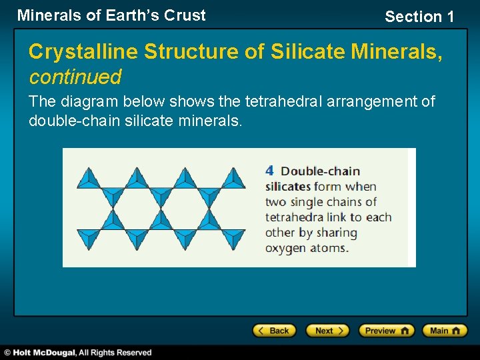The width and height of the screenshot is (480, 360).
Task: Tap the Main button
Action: tap(445, 331)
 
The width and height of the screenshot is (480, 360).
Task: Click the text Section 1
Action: tap(419, 17)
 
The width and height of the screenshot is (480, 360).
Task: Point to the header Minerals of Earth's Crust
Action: tap(111, 15)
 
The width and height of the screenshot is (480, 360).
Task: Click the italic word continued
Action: tap(75, 77)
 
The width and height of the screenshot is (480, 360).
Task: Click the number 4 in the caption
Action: tap(269, 171)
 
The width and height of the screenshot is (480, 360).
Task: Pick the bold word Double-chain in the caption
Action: tap(320, 171)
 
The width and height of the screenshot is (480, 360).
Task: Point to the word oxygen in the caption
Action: tap(285, 248)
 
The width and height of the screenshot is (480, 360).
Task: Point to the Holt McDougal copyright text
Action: tap(78, 353)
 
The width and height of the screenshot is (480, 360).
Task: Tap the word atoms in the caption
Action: tap(329, 248)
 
